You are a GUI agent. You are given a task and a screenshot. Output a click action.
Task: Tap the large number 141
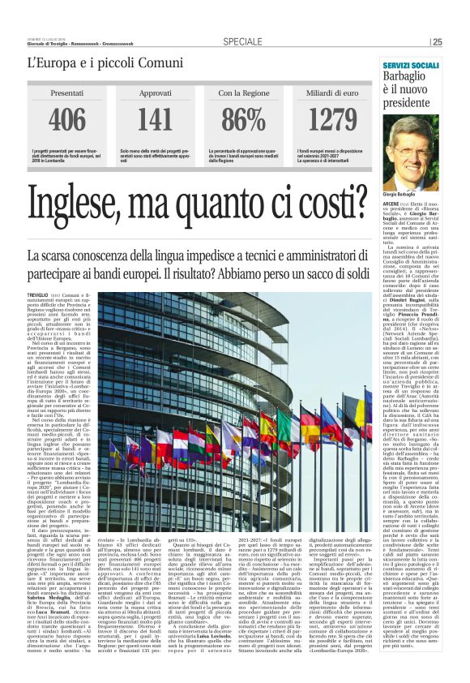pos(154,119)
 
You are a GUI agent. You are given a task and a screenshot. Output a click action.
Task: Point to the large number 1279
pos(332,119)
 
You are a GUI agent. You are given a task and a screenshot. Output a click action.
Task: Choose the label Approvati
pos(154,94)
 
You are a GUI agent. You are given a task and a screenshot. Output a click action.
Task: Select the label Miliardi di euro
pos(332,94)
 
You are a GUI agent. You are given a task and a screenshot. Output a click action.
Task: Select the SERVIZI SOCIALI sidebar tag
pos(411,64)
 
